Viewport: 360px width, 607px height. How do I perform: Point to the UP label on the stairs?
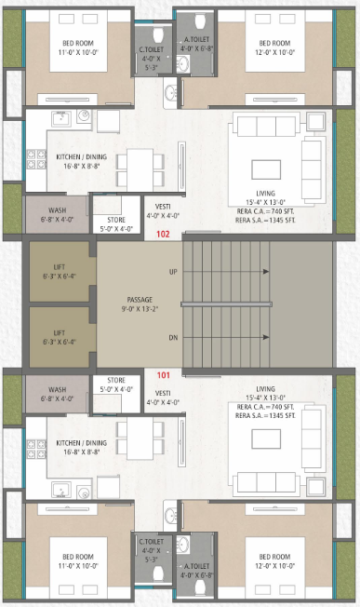click(x=173, y=272)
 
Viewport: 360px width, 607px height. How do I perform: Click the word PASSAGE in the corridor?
click(x=140, y=300)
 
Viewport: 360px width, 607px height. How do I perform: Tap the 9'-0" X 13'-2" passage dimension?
click(x=140, y=309)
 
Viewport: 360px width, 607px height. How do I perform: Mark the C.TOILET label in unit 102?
click(x=148, y=50)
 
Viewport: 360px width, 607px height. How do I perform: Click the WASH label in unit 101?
click(x=57, y=390)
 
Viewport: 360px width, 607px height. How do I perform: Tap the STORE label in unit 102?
click(x=116, y=221)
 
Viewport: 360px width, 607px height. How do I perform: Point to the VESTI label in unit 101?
click(x=163, y=393)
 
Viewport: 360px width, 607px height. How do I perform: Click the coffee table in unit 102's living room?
click(x=268, y=167)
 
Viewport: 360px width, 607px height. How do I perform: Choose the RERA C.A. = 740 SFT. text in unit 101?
click(x=266, y=408)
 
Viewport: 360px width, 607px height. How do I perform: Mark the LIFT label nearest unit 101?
click(x=59, y=332)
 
